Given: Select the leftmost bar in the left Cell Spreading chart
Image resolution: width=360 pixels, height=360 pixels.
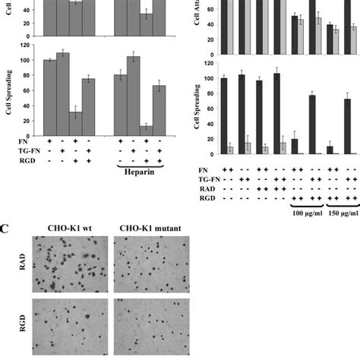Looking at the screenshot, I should (50, 96).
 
